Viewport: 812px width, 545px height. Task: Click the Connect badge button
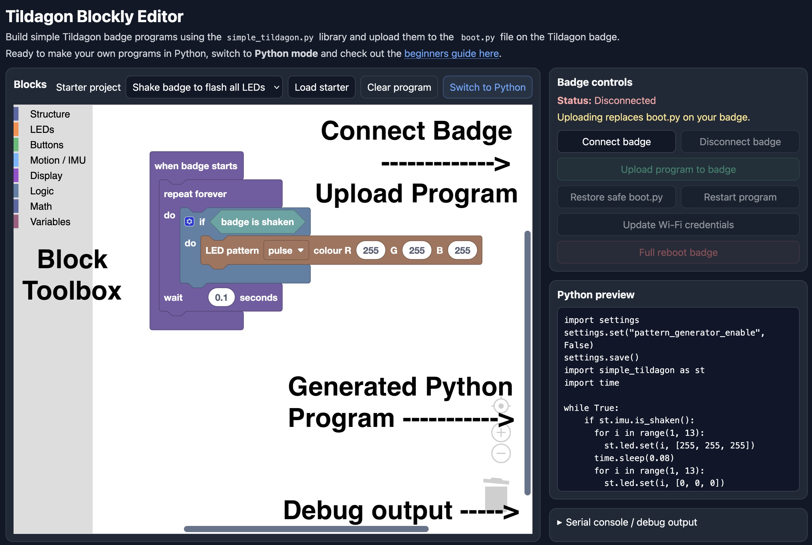[616, 141]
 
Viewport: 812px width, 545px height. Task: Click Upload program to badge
[678, 169]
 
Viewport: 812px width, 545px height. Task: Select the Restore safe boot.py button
[616, 197]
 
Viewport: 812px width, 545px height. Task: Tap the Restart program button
[740, 197]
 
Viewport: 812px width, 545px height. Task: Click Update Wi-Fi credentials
[678, 225]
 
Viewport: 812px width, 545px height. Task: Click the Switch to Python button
[488, 87]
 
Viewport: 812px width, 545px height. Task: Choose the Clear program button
[399, 87]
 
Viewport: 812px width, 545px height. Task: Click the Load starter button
[321, 87]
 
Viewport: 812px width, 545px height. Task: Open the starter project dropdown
[204, 87]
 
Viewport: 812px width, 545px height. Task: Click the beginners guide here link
[451, 54]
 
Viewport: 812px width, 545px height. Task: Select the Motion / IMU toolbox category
[58, 160]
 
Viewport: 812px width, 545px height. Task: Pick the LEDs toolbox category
[42, 129]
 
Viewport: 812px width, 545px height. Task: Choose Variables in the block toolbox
[50, 222]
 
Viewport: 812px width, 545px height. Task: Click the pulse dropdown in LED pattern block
[286, 250]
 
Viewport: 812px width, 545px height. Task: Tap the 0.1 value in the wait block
[221, 297]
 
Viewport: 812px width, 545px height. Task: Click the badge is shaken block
[257, 222]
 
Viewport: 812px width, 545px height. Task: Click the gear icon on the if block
[189, 221]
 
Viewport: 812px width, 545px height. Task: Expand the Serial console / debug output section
[627, 522]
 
